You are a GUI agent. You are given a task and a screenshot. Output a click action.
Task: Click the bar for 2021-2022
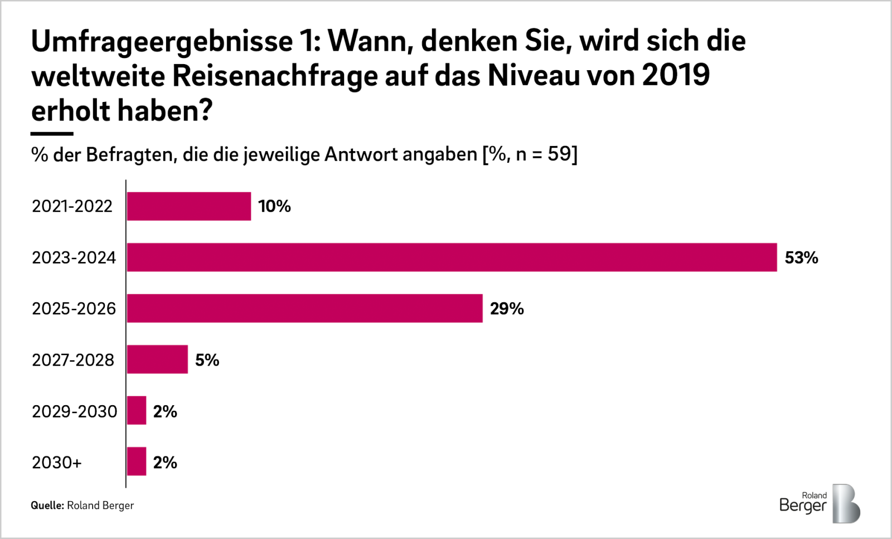[x=188, y=206]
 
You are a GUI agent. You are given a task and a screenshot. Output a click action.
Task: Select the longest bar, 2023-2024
[x=452, y=258]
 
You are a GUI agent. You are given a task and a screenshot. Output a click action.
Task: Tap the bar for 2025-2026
[x=304, y=308]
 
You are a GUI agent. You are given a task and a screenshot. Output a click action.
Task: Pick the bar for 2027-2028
[x=157, y=360]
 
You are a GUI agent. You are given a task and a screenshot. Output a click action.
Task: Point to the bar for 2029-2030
[x=137, y=411]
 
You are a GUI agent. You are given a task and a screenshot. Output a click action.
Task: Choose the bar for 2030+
[x=137, y=462]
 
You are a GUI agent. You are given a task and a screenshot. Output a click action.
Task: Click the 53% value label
[x=801, y=258]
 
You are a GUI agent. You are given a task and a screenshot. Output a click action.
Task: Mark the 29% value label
[x=507, y=309]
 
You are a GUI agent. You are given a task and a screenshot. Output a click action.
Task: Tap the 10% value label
[x=274, y=206]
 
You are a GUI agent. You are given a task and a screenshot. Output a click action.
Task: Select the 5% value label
[x=207, y=360]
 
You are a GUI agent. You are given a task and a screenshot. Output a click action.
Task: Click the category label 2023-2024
[x=74, y=258]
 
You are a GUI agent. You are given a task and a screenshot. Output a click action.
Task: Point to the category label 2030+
[x=57, y=462]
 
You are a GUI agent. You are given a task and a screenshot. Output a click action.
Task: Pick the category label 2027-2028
[x=73, y=360]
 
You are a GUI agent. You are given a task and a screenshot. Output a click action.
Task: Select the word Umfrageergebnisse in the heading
[x=162, y=41]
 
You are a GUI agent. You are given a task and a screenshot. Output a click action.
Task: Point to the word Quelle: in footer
[x=47, y=506]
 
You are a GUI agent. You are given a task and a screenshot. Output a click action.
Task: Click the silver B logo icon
[x=846, y=503]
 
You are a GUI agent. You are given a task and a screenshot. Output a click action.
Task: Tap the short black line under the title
[x=52, y=134]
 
